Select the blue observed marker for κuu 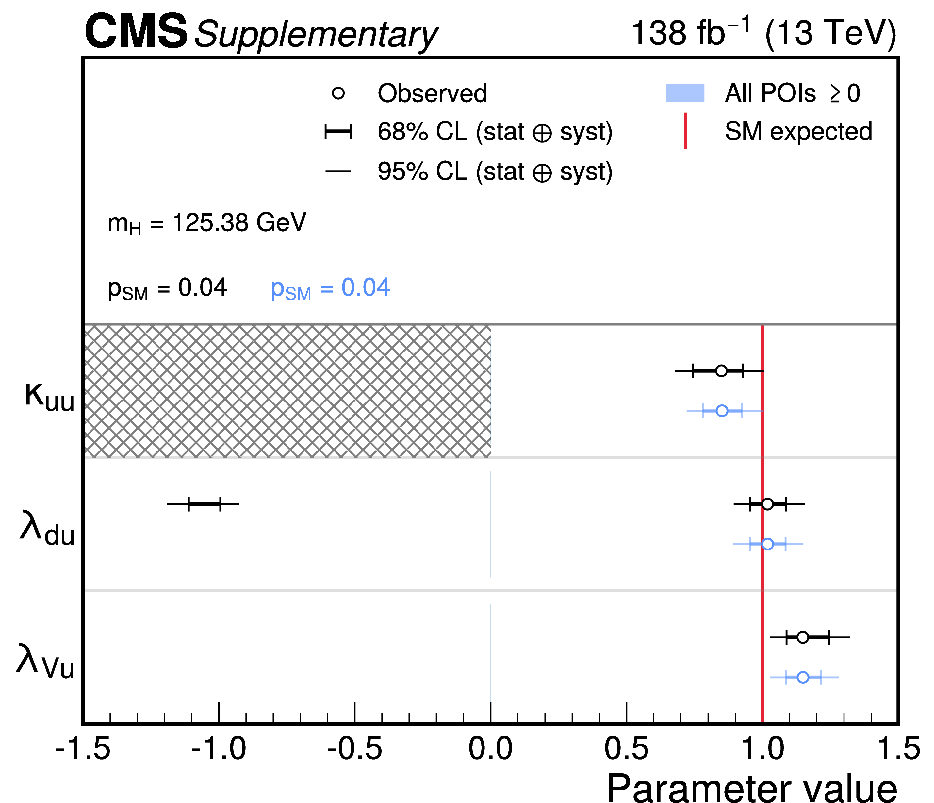722,411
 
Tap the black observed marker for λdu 767,504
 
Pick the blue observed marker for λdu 767,544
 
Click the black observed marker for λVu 802,637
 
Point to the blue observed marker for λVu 803,677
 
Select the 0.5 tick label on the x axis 626,749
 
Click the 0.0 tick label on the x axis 490,749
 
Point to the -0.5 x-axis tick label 355,749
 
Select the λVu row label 45,663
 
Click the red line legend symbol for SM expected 685,131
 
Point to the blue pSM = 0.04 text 330,288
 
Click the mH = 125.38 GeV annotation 207,223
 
